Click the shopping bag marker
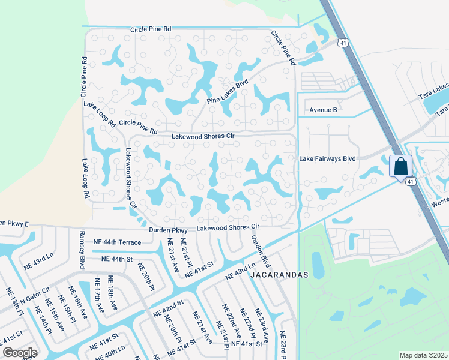tap(400, 166)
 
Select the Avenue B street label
tap(324, 110)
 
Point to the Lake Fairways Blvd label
tap(328, 159)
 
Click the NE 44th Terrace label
tap(117, 242)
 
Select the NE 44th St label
tap(116, 259)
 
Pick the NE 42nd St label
tap(167, 310)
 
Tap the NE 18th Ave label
tap(112, 293)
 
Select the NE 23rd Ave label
tap(262, 325)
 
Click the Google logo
tap(19, 353)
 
